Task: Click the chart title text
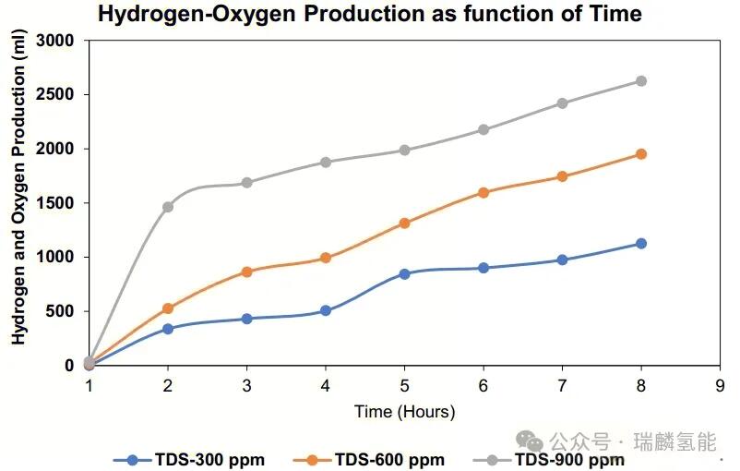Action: (x=369, y=14)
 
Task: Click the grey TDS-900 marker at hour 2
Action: (x=168, y=207)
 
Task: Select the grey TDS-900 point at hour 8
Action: (x=640, y=81)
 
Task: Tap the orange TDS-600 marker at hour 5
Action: (x=404, y=223)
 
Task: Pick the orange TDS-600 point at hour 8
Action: (x=640, y=154)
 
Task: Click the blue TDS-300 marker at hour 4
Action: (x=326, y=311)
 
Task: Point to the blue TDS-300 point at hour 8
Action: (x=640, y=244)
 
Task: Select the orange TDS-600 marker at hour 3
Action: (x=246, y=272)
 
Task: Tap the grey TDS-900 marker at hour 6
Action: (x=483, y=129)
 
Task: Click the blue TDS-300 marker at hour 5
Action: (x=404, y=274)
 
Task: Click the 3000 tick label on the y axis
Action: (x=56, y=41)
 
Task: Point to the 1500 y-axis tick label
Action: (x=56, y=203)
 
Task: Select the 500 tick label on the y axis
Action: (x=62, y=311)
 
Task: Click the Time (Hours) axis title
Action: (x=404, y=412)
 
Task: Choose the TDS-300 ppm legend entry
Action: (x=195, y=459)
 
